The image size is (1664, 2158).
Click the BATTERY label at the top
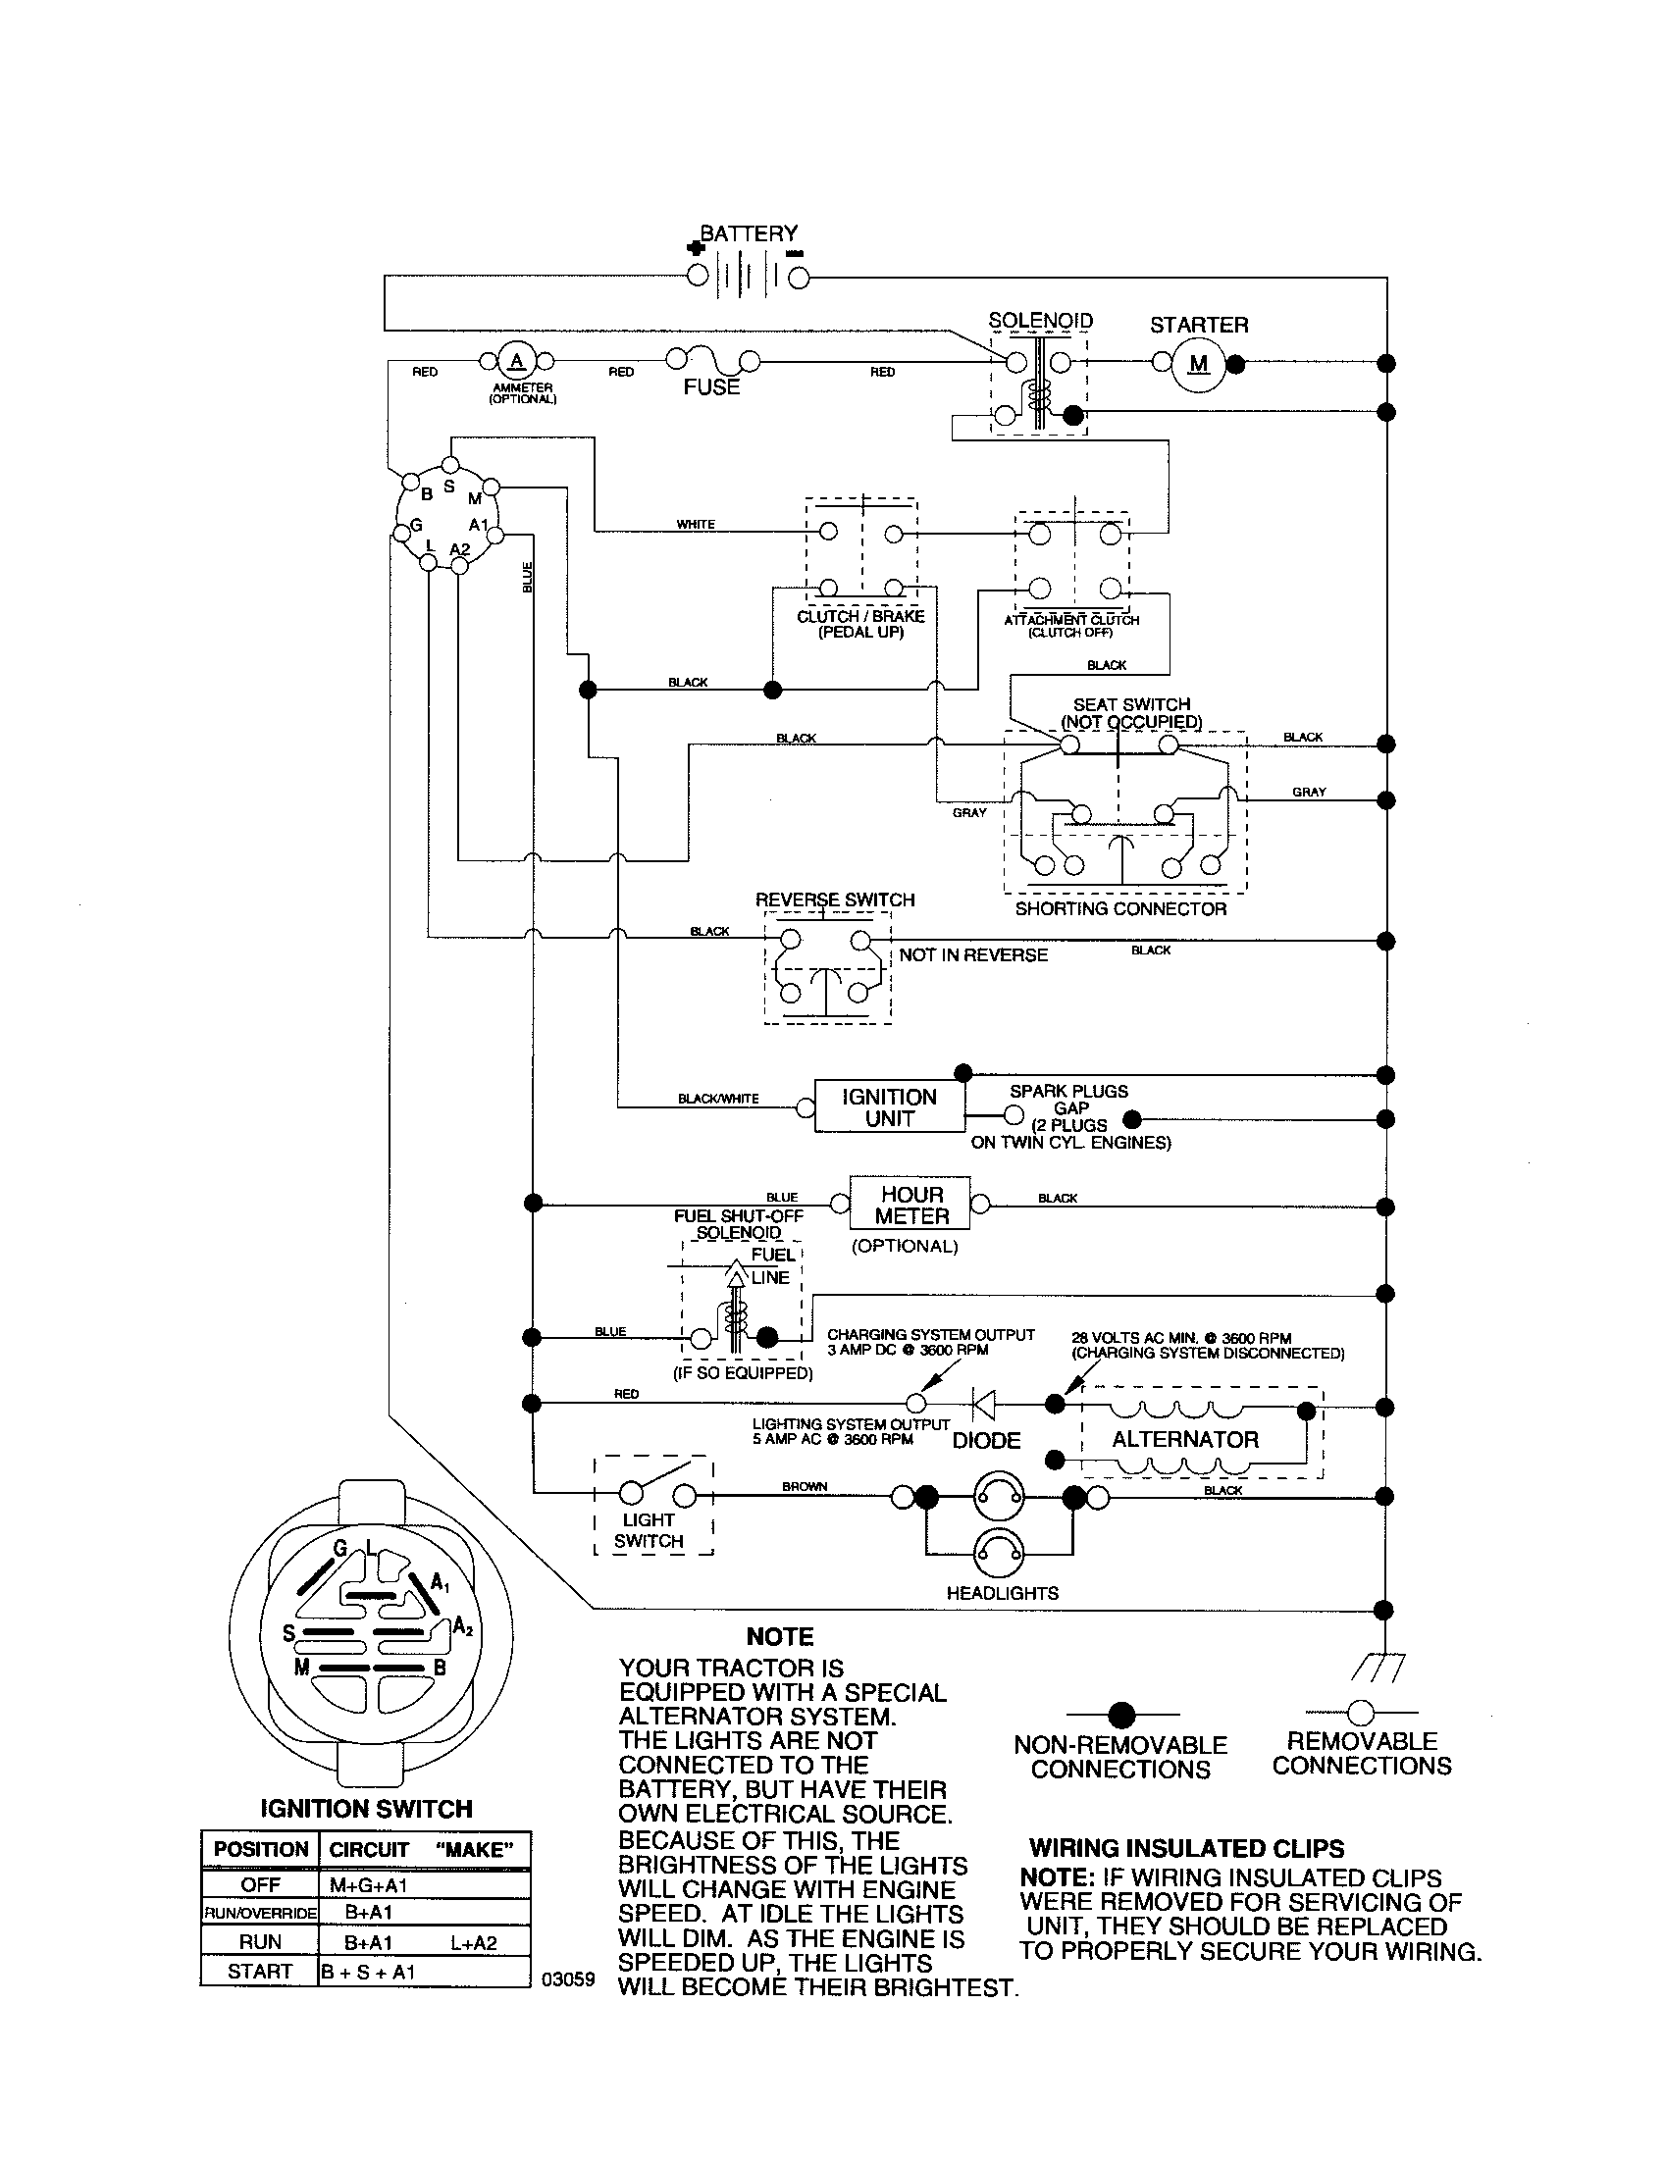point(748,233)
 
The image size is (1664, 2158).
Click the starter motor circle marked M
point(1198,365)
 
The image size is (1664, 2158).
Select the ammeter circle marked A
point(514,360)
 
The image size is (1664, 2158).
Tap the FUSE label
point(711,387)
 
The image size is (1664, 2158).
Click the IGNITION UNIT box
point(888,1107)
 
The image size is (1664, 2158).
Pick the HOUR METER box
point(911,1205)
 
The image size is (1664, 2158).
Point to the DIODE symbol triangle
point(984,1402)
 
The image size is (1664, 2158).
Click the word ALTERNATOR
point(1185,1440)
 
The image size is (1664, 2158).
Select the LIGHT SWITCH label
point(649,1530)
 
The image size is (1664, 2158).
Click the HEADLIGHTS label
point(1002,1593)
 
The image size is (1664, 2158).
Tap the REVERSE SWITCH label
point(835,899)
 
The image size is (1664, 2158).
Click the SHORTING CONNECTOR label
point(1120,909)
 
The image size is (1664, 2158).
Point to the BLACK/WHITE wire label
point(718,1099)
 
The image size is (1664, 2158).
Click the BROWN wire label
point(805,1486)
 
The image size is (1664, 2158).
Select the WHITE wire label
point(696,525)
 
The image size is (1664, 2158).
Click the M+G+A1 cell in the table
point(369,1885)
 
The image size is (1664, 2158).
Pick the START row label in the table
point(260,1972)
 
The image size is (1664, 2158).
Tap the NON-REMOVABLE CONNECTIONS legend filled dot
point(1121,1715)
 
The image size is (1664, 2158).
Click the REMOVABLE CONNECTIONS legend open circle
point(1361,1712)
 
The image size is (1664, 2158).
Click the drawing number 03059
point(568,1979)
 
